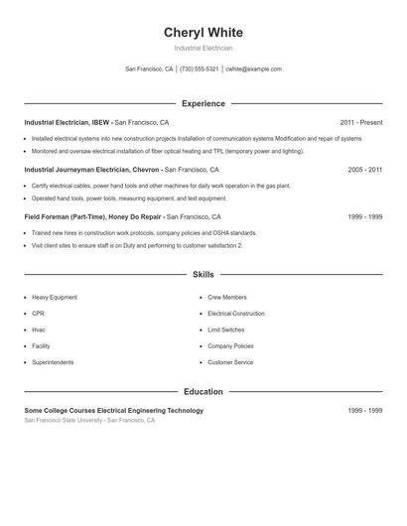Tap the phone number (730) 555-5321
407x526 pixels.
(200, 69)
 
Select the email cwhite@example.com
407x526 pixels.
(254, 69)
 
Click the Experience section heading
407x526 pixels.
(203, 103)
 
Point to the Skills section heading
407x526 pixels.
(203, 274)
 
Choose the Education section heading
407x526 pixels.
(203, 391)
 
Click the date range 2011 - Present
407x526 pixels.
(360, 122)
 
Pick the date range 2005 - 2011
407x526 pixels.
(364, 170)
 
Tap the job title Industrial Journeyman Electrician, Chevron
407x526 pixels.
(92, 170)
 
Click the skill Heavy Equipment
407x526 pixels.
(55, 297)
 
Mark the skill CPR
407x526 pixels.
(40, 313)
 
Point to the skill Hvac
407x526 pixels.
(40, 329)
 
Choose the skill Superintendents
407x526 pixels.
(55, 362)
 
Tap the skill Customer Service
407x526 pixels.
(230, 362)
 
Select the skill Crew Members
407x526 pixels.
(227, 297)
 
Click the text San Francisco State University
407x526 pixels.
(63, 420)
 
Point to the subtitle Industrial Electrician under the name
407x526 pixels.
(203, 48)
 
